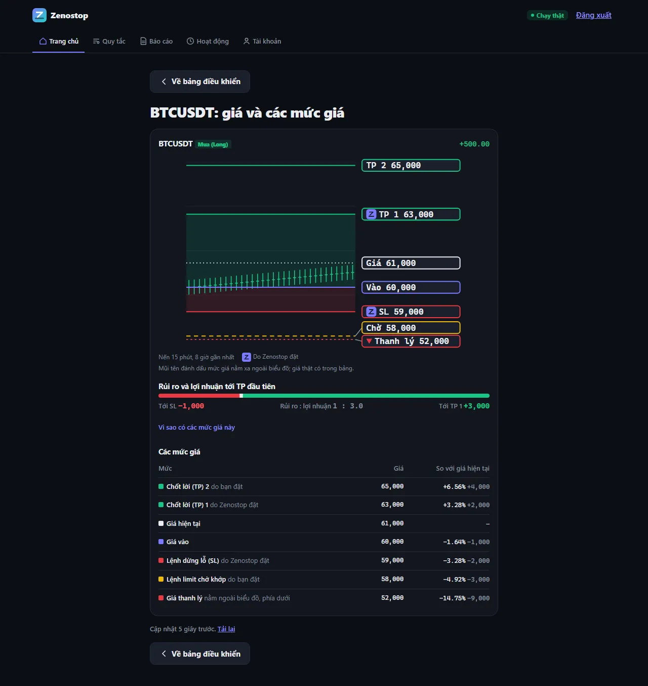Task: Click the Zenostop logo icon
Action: point(39,15)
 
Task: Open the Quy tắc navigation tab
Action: point(109,41)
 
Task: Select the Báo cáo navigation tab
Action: point(156,41)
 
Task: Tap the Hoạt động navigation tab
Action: point(208,41)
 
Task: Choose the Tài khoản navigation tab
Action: point(262,41)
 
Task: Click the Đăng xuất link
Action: point(594,15)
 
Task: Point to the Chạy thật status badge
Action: point(547,15)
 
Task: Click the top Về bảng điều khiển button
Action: point(200,81)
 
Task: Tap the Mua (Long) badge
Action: point(213,144)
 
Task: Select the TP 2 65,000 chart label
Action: point(411,165)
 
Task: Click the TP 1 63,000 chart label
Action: point(411,214)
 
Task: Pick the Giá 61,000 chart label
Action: point(411,263)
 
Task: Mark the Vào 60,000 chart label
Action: point(411,287)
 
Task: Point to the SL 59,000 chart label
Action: point(411,312)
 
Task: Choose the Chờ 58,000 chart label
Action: point(411,328)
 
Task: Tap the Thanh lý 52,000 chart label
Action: point(411,341)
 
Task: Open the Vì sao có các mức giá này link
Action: point(197,428)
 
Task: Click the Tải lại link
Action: point(226,629)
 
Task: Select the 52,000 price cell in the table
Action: point(392,598)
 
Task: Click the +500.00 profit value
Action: point(474,144)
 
